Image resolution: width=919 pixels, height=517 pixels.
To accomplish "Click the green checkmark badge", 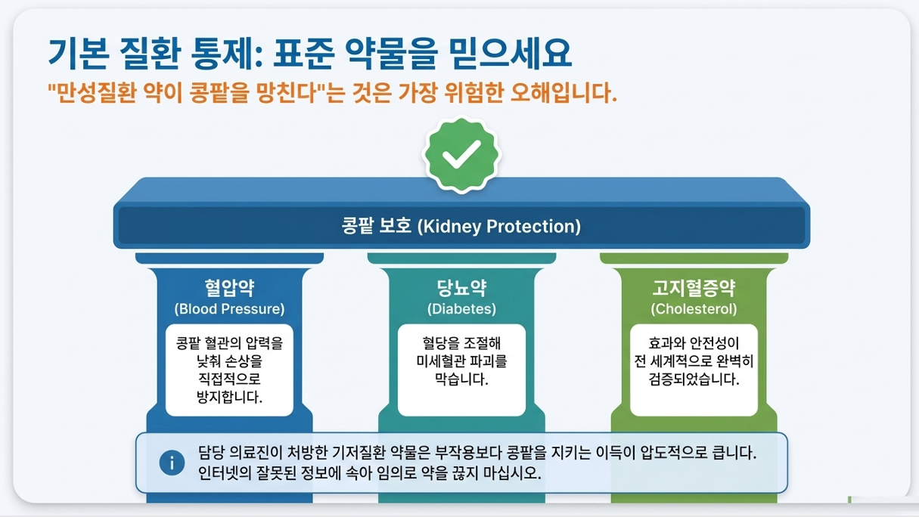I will pyautogui.click(x=461, y=155).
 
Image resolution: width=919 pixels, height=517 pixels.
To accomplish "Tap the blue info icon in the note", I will pyautogui.click(x=172, y=463).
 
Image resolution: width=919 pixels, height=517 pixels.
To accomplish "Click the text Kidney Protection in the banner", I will pyautogui.click(x=499, y=226).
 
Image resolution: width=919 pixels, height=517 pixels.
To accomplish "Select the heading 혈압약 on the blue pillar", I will pyautogui.click(x=229, y=288).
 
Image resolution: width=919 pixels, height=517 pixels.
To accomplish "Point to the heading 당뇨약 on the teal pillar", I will pyautogui.click(x=461, y=288).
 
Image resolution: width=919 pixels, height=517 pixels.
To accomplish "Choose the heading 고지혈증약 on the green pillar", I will pyautogui.click(x=694, y=288).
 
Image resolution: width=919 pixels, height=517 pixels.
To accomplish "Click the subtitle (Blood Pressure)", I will pyautogui.click(x=229, y=309).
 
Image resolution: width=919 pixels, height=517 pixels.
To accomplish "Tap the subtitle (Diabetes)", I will pyautogui.click(x=461, y=309).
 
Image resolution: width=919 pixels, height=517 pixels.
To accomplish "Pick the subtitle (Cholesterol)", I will pyautogui.click(x=694, y=309).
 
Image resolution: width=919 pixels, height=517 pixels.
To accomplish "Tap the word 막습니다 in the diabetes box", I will pyautogui.click(x=461, y=379).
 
